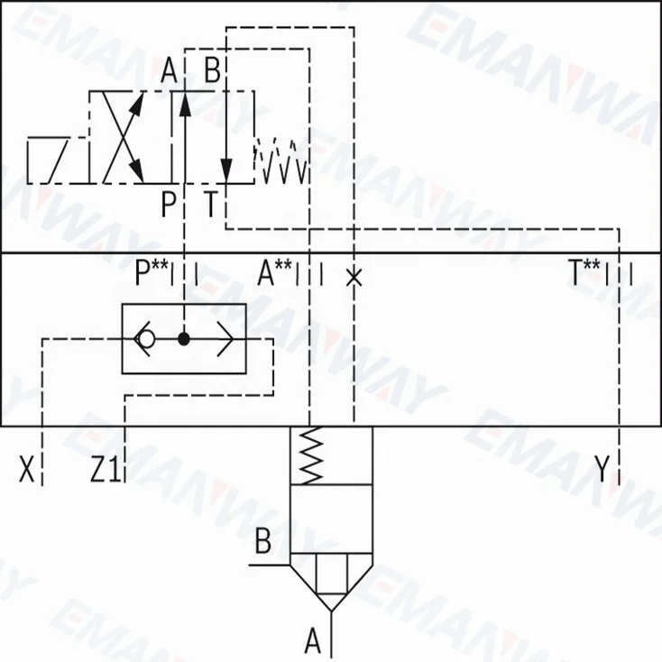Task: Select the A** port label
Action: coord(276,272)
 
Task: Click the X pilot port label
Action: coord(28,469)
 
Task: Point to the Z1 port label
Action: coord(105,469)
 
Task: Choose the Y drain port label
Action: coord(602,469)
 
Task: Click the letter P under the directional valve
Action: coord(169,205)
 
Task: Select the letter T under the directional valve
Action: coord(211,205)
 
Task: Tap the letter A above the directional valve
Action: coord(169,70)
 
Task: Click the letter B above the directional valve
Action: coord(212,70)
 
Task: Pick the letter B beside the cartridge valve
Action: coord(262,542)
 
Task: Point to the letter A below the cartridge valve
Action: coord(312,641)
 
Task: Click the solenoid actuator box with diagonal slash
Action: coord(57,161)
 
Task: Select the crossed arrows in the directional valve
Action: coord(123,137)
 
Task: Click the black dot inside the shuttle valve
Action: coord(184,340)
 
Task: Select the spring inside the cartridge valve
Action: coord(311,455)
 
